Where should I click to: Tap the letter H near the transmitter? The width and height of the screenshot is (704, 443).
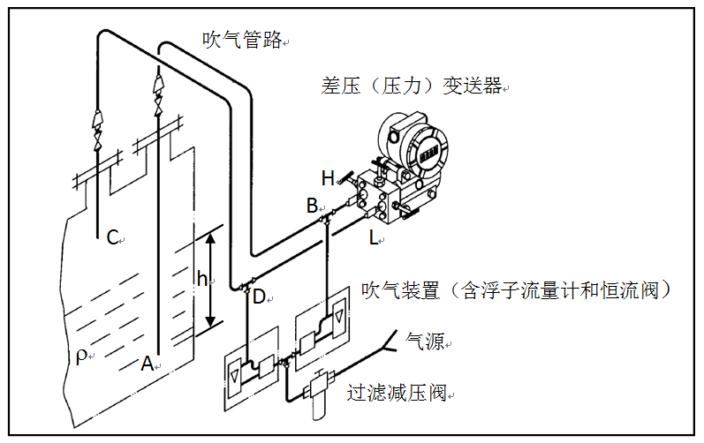328,178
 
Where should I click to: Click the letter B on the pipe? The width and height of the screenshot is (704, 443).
311,206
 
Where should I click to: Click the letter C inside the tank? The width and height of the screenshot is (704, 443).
112,237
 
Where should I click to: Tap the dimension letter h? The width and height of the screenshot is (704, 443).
201,280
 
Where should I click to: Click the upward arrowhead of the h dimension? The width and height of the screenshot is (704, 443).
210,239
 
